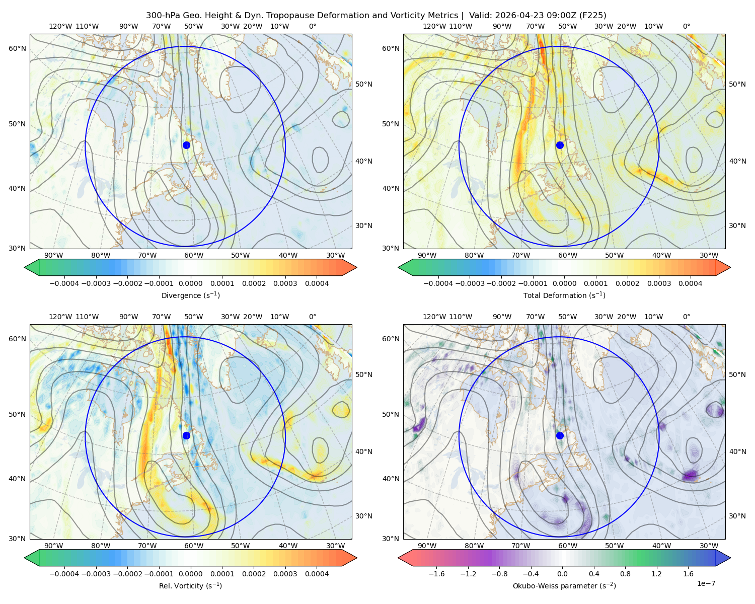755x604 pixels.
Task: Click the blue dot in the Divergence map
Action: coord(186,145)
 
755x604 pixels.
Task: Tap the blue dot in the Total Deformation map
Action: coord(560,145)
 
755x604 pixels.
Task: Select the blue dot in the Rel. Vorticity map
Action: coord(186,435)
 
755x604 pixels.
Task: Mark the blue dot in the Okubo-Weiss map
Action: coord(560,435)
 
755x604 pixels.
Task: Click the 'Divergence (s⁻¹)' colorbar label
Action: coord(190,295)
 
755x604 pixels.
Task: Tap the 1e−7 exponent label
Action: coord(706,583)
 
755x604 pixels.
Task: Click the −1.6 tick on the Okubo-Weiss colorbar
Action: coord(436,574)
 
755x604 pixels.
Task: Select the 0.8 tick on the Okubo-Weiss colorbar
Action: coord(625,574)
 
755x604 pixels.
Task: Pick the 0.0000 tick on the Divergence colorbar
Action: coord(190,283)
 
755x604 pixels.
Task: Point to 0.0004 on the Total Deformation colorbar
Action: coord(690,283)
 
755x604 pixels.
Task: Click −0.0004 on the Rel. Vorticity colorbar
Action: coord(64,574)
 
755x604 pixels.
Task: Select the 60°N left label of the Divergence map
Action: coord(17,48)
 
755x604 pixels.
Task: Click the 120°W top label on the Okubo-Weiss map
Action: coord(434,317)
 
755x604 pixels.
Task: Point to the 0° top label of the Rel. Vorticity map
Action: coord(313,317)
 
